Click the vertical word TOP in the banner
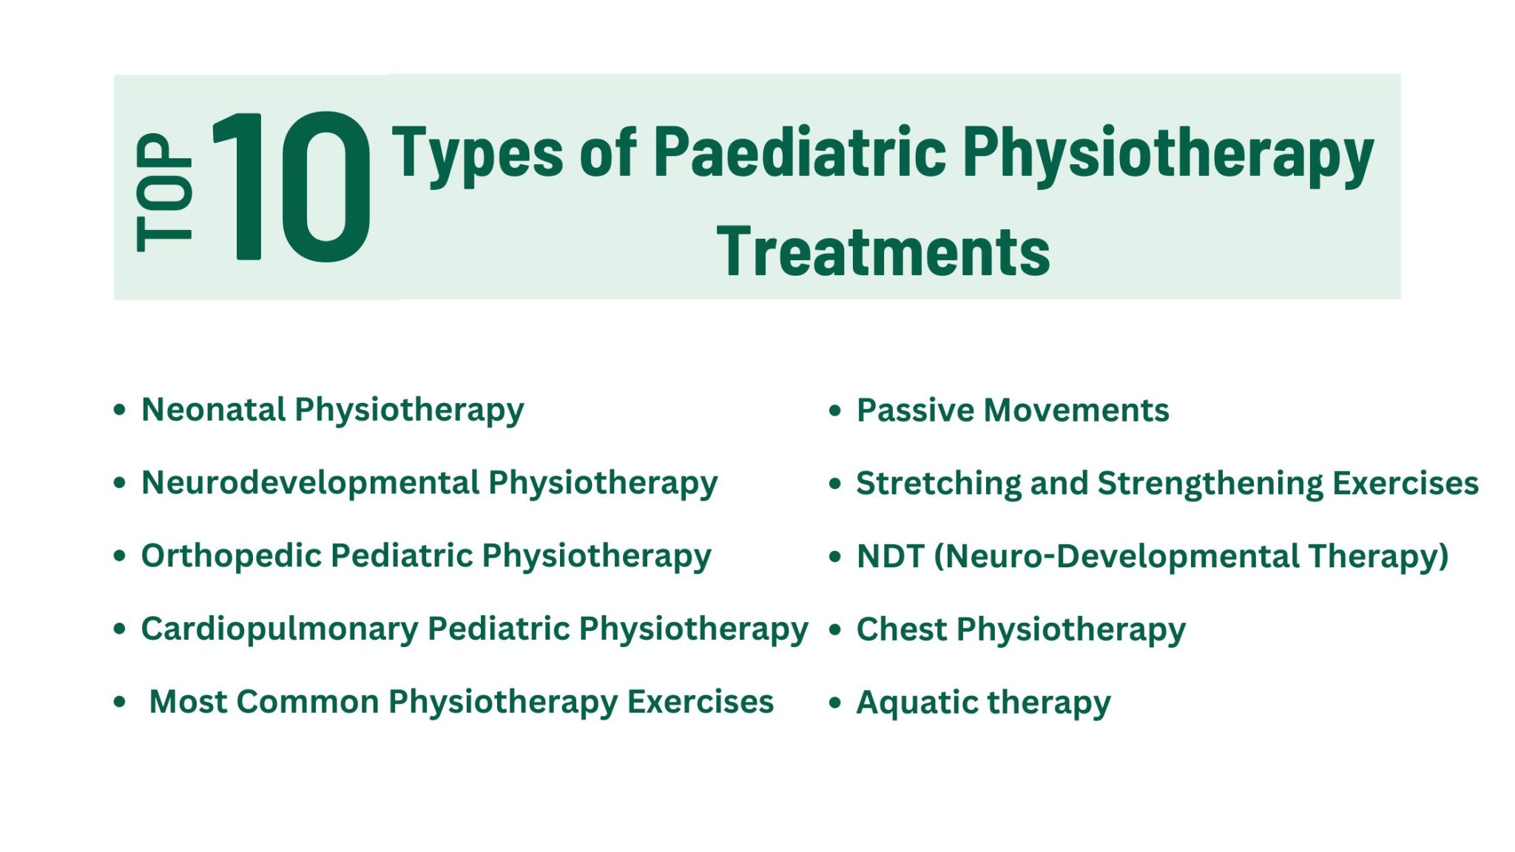click(x=164, y=192)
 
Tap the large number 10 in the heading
click(x=290, y=186)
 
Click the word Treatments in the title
click(x=883, y=252)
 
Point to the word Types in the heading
click(x=477, y=154)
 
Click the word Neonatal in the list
click(x=213, y=409)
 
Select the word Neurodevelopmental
click(x=310, y=482)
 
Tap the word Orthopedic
click(x=231, y=555)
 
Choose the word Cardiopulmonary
click(x=280, y=629)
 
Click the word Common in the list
click(x=308, y=701)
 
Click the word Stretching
click(x=938, y=484)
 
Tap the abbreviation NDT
click(x=890, y=556)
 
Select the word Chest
click(x=901, y=629)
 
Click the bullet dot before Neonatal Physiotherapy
click(x=120, y=410)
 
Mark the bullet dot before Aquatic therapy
click(x=835, y=703)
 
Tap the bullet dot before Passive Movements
click(x=835, y=410)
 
